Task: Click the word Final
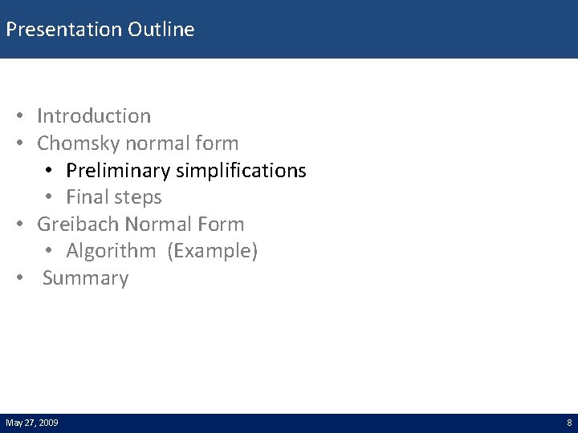(x=89, y=197)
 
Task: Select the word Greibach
(x=79, y=225)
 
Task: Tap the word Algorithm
(x=111, y=252)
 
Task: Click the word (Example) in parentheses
(x=213, y=252)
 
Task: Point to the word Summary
(x=85, y=279)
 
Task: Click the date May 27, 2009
(x=31, y=423)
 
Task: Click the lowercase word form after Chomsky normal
(x=219, y=144)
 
